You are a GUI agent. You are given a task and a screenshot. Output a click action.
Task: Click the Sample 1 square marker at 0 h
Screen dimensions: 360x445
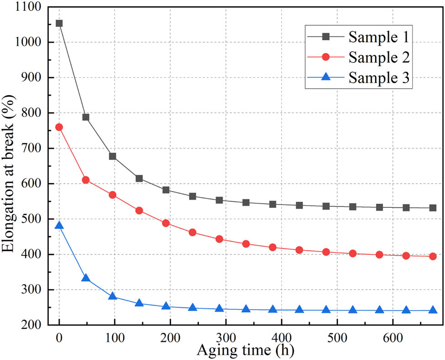pos(59,23)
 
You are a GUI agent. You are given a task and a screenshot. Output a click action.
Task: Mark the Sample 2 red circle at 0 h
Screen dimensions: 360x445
pos(59,127)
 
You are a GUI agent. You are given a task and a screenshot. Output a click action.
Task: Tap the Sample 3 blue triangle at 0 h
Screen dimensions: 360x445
pos(59,226)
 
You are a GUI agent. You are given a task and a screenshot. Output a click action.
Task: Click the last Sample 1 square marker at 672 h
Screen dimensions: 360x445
pos(433,208)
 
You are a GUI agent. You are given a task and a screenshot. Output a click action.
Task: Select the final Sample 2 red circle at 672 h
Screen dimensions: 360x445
pos(433,256)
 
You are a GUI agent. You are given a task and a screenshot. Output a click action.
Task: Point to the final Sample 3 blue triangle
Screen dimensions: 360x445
pos(433,310)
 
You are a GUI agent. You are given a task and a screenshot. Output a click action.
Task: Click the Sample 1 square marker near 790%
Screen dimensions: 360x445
pos(86,117)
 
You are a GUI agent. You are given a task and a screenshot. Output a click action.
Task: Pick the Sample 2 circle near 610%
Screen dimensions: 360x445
pos(86,180)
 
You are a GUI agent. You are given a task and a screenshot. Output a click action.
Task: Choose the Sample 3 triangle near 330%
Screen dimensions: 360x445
pos(86,278)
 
